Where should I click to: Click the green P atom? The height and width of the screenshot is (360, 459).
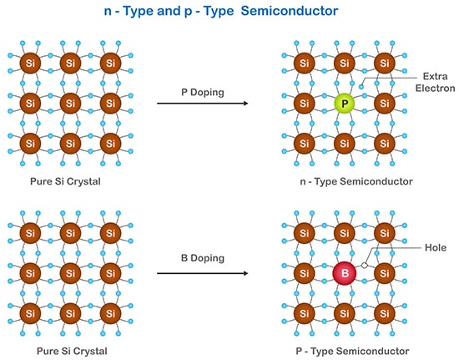click(x=344, y=104)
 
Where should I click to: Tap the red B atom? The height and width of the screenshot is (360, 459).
click(x=344, y=272)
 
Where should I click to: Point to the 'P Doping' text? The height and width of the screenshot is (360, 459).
click(x=204, y=91)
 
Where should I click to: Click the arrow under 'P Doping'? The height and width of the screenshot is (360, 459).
click(x=204, y=104)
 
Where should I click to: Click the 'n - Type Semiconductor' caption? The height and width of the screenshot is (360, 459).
click(x=344, y=181)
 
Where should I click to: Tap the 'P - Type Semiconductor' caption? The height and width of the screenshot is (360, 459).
click(x=344, y=349)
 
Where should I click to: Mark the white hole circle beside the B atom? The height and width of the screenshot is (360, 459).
click(x=365, y=266)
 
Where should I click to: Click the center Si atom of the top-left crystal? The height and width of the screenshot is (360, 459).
click(x=69, y=104)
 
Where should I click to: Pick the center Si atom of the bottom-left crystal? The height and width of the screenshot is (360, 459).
click(x=69, y=272)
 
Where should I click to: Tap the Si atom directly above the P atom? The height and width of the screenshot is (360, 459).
click(x=344, y=64)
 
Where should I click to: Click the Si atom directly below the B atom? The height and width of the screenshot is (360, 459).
click(x=344, y=312)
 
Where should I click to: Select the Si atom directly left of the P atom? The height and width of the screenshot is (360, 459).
click(x=305, y=104)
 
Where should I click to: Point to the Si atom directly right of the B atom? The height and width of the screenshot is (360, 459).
click(x=383, y=272)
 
